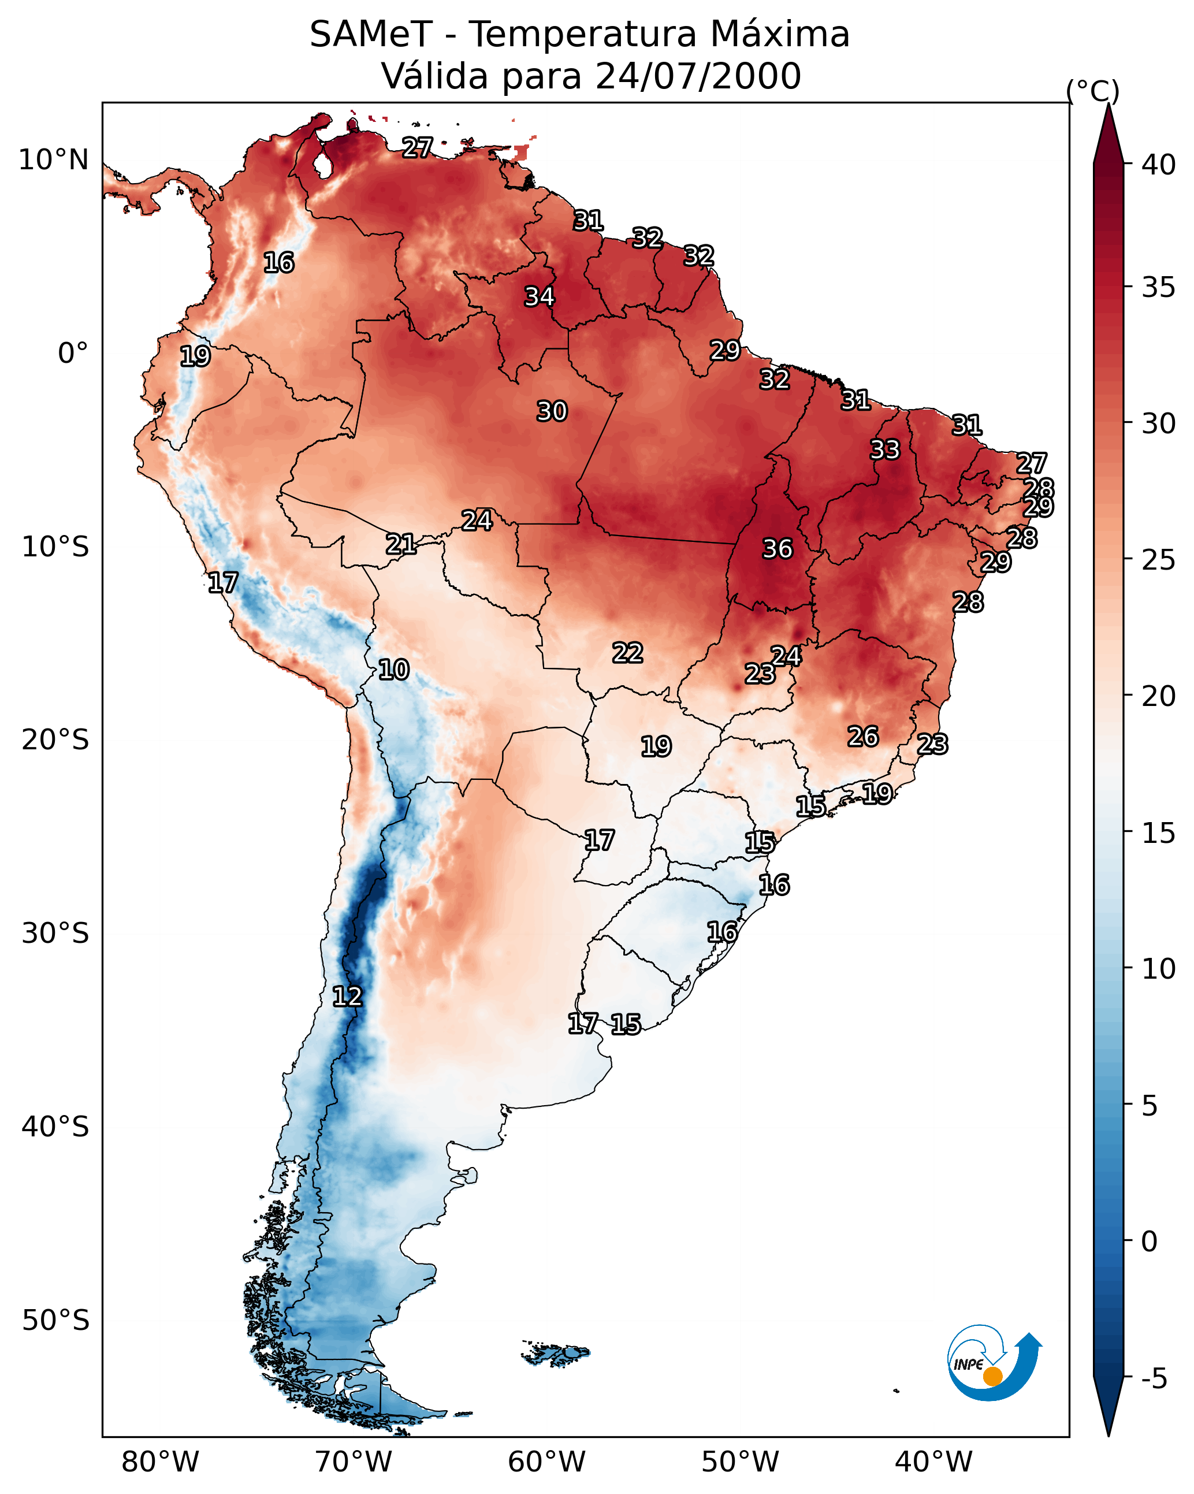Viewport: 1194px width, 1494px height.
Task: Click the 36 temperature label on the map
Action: coord(777,549)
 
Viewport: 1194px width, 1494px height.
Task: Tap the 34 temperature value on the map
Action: coord(539,296)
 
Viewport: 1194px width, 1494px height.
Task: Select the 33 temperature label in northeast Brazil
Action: coord(885,449)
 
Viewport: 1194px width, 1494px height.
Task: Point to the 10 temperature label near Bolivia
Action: coord(393,670)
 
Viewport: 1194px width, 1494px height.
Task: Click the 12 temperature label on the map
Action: coord(347,997)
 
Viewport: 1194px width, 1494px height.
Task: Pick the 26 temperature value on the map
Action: coord(863,737)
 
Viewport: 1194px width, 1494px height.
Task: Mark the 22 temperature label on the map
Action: coord(627,653)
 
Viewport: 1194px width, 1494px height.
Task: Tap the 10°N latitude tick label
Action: coord(53,160)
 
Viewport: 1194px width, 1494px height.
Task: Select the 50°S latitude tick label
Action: coord(55,1321)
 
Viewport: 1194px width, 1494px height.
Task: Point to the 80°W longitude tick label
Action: coord(160,1462)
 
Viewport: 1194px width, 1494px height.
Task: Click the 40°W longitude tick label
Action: coord(933,1462)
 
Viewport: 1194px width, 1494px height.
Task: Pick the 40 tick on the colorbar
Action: coord(1159,165)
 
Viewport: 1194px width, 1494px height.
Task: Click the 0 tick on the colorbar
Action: coord(1149,1242)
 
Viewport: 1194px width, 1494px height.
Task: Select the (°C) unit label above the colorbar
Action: coord(1093,91)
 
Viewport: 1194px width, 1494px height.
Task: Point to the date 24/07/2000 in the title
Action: coord(698,76)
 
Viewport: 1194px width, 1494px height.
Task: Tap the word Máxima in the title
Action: coord(781,35)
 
